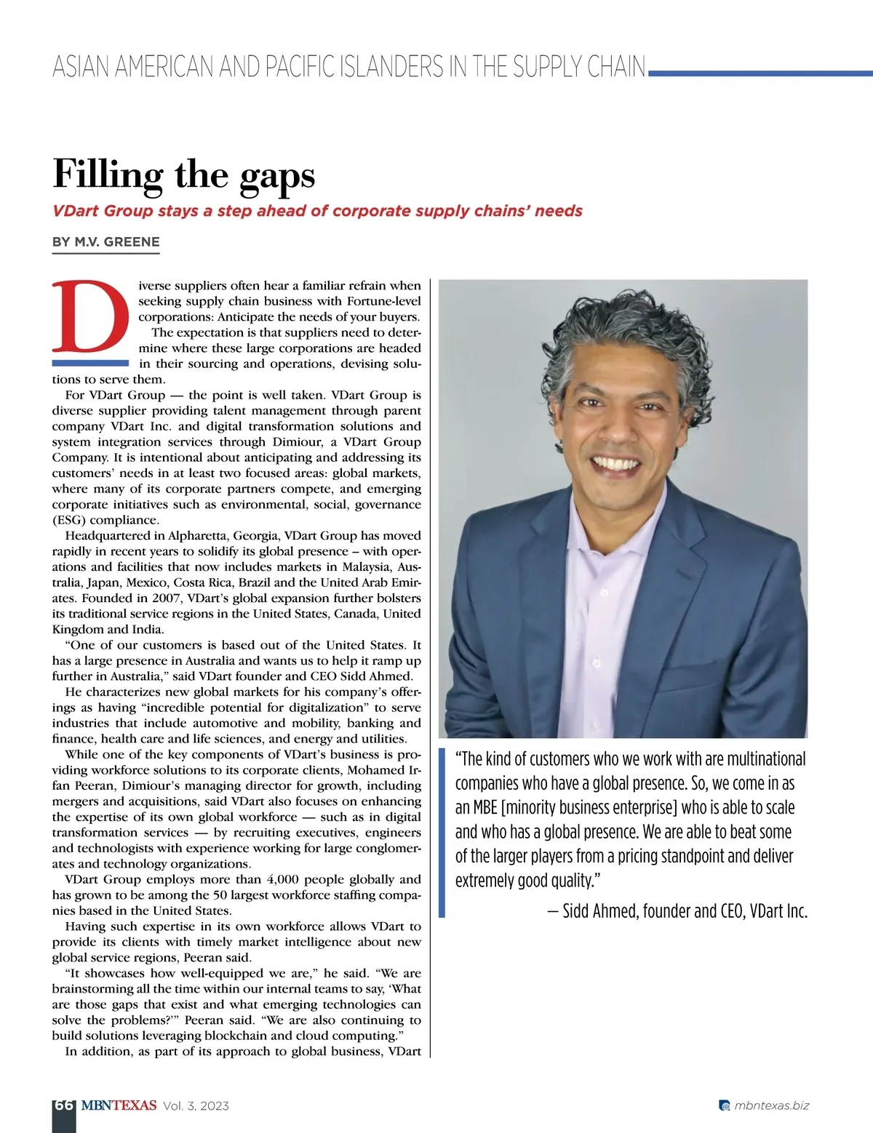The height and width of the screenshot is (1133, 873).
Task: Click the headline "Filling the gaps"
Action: (184, 175)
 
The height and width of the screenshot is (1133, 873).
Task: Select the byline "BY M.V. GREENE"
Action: (105, 242)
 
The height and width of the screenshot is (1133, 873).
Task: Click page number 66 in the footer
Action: (64, 1105)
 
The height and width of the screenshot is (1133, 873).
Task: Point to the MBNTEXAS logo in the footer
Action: (119, 1105)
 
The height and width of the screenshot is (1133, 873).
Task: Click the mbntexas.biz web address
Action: (771, 1105)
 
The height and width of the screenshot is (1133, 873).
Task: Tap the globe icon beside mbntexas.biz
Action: (724, 1106)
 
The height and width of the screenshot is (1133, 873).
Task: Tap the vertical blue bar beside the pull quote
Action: (442, 833)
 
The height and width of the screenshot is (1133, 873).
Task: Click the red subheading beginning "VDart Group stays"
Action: (317, 211)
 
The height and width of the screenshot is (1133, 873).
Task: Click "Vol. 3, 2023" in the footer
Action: (196, 1106)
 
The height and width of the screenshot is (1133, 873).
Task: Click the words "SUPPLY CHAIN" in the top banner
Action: (578, 67)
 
